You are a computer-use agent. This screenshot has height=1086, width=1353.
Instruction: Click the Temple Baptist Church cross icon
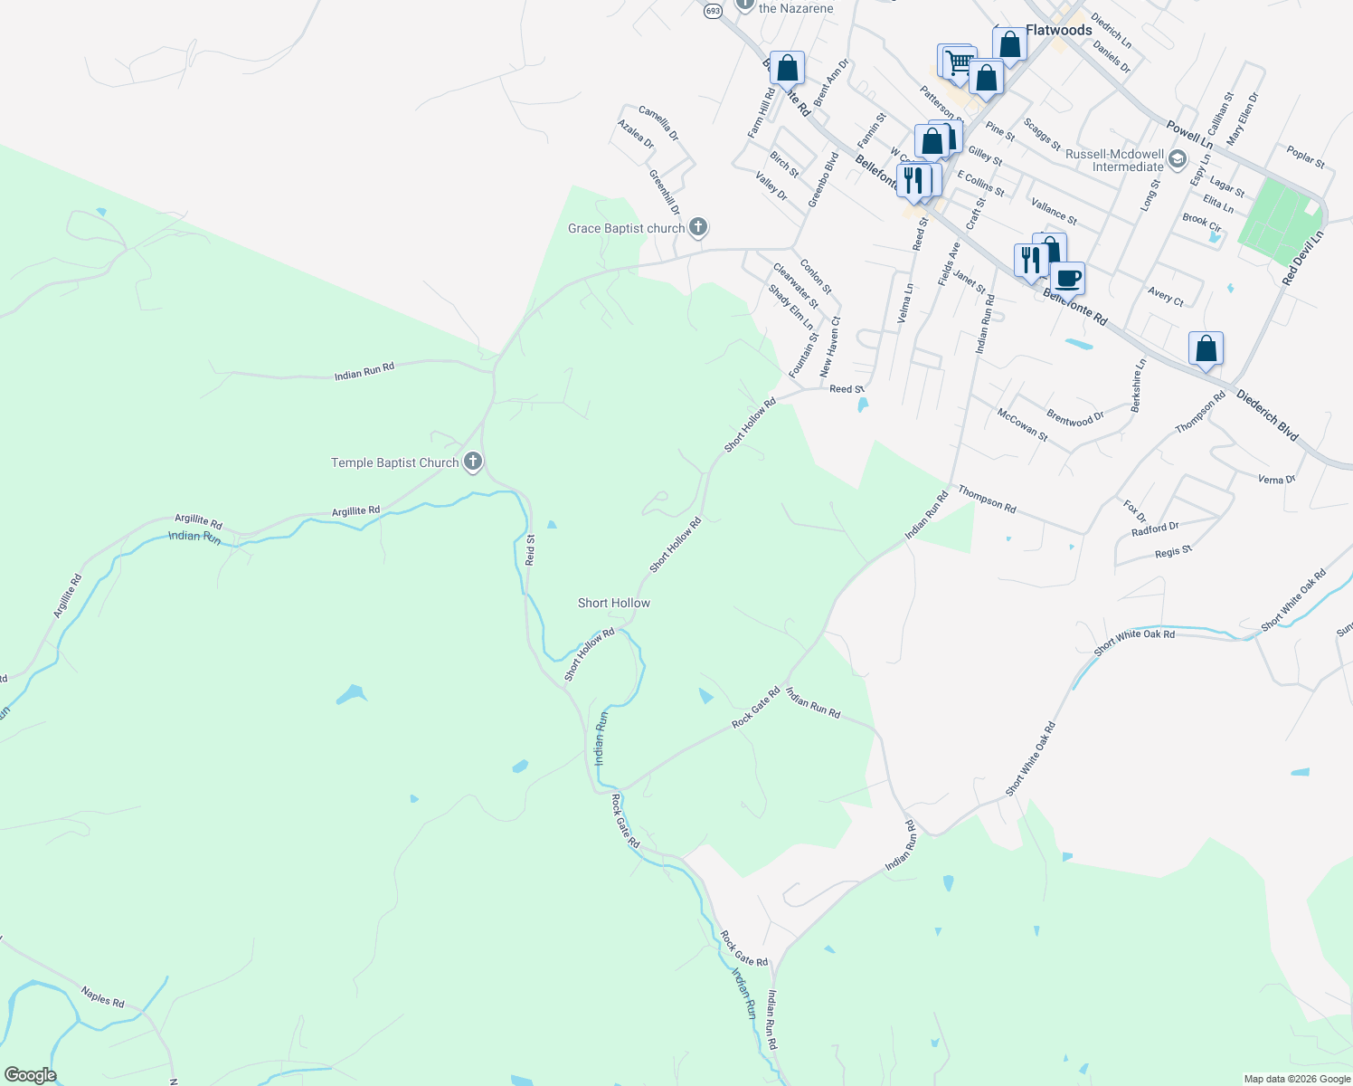(x=472, y=462)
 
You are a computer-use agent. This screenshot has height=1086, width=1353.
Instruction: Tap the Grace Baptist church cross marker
(x=698, y=227)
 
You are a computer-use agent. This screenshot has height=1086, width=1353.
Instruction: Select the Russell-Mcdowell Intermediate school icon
(x=1177, y=160)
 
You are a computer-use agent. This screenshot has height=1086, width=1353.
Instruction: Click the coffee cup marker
(x=1068, y=278)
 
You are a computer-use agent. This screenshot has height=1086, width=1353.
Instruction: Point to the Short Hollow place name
(x=614, y=603)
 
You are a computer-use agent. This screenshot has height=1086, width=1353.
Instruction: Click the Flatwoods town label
(x=1058, y=30)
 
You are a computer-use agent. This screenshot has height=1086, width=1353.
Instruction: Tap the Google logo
(x=30, y=1075)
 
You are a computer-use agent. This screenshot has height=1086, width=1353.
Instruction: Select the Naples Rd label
(x=102, y=996)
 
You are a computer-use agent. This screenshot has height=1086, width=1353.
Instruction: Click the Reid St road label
(x=531, y=550)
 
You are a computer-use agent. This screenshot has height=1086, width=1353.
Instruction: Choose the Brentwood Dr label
(x=1075, y=419)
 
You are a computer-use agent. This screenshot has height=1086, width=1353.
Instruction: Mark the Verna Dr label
(x=1276, y=479)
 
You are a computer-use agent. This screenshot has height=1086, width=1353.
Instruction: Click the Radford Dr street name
(x=1155, y=529)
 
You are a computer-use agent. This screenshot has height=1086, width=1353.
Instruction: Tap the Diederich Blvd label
(x=1267, y=415)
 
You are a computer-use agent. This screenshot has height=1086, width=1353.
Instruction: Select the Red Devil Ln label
(x=1303, y=258)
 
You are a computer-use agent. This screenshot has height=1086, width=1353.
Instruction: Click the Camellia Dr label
(x=658, y=123)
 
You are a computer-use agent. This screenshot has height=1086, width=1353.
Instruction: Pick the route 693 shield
(x=713, y=10)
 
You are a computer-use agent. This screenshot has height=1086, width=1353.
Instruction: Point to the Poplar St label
(x=1306, y=157)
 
